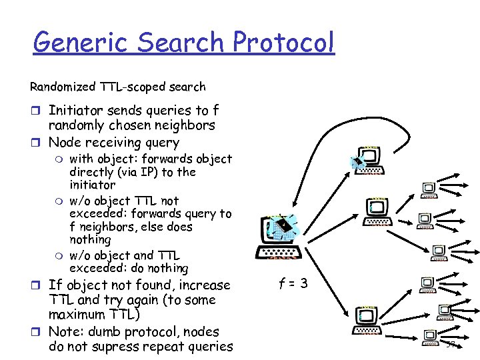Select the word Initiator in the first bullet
coord(75,110)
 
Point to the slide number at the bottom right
coord(451,345)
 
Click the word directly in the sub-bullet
coord(90,172)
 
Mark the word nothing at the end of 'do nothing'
coord(169,268)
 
